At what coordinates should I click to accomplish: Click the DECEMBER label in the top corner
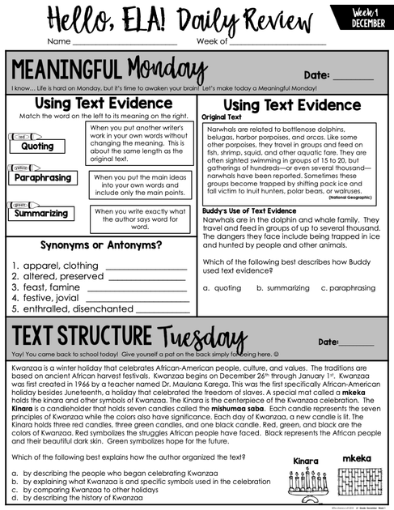(x=368, y=23)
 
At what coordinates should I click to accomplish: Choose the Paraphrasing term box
(x=44, y=177)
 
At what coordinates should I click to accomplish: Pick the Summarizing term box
(x=40, y=214)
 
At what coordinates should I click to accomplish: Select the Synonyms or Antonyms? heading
(x=101, y=245)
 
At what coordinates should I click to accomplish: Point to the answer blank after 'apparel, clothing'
(x=146, y=266)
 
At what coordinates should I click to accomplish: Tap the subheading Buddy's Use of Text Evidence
(x=248, y=210)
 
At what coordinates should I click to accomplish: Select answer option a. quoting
(x=222, y=287)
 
